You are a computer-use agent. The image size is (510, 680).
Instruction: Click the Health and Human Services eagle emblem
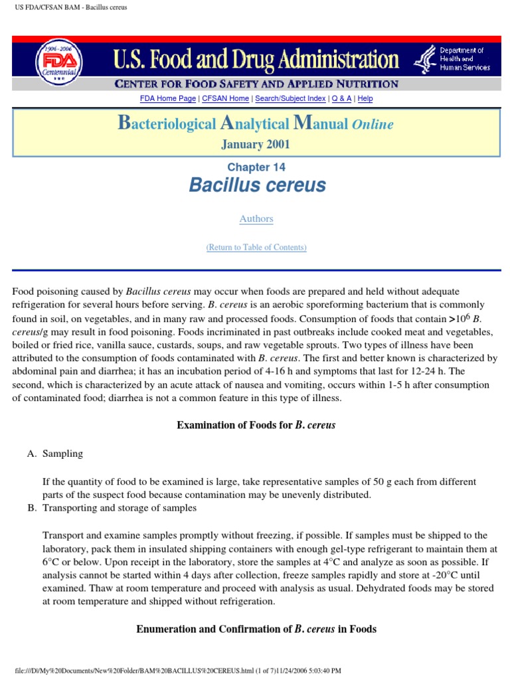[x=425, y=60]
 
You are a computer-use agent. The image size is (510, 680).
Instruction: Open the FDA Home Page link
[x=168, y=98]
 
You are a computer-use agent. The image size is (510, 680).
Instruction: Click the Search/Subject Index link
[x=290, y=98]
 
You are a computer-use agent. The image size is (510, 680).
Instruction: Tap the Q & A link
[x=342, y=98]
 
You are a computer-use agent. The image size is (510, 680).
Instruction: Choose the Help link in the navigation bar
[x=365, y=98]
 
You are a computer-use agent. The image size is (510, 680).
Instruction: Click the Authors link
[x=256, y=218]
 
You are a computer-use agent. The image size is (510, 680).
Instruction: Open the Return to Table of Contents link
[x=256, y=247]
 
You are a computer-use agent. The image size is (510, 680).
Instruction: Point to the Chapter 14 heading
[x=256, y=167]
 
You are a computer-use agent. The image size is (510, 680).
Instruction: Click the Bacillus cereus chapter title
[x=257, y=185]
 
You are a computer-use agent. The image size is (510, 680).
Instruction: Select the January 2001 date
[x=256, y=144]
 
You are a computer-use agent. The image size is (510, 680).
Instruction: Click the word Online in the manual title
[x=373, y=124]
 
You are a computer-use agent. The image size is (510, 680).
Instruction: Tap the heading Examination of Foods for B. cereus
[x=256, y=425]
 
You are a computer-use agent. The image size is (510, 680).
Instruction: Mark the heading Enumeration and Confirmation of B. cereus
[x=256, y=629]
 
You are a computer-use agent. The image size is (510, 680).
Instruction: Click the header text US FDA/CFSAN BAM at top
[x=66, y=7]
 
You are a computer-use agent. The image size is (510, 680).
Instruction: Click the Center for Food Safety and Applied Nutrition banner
[x=256, y=84]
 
